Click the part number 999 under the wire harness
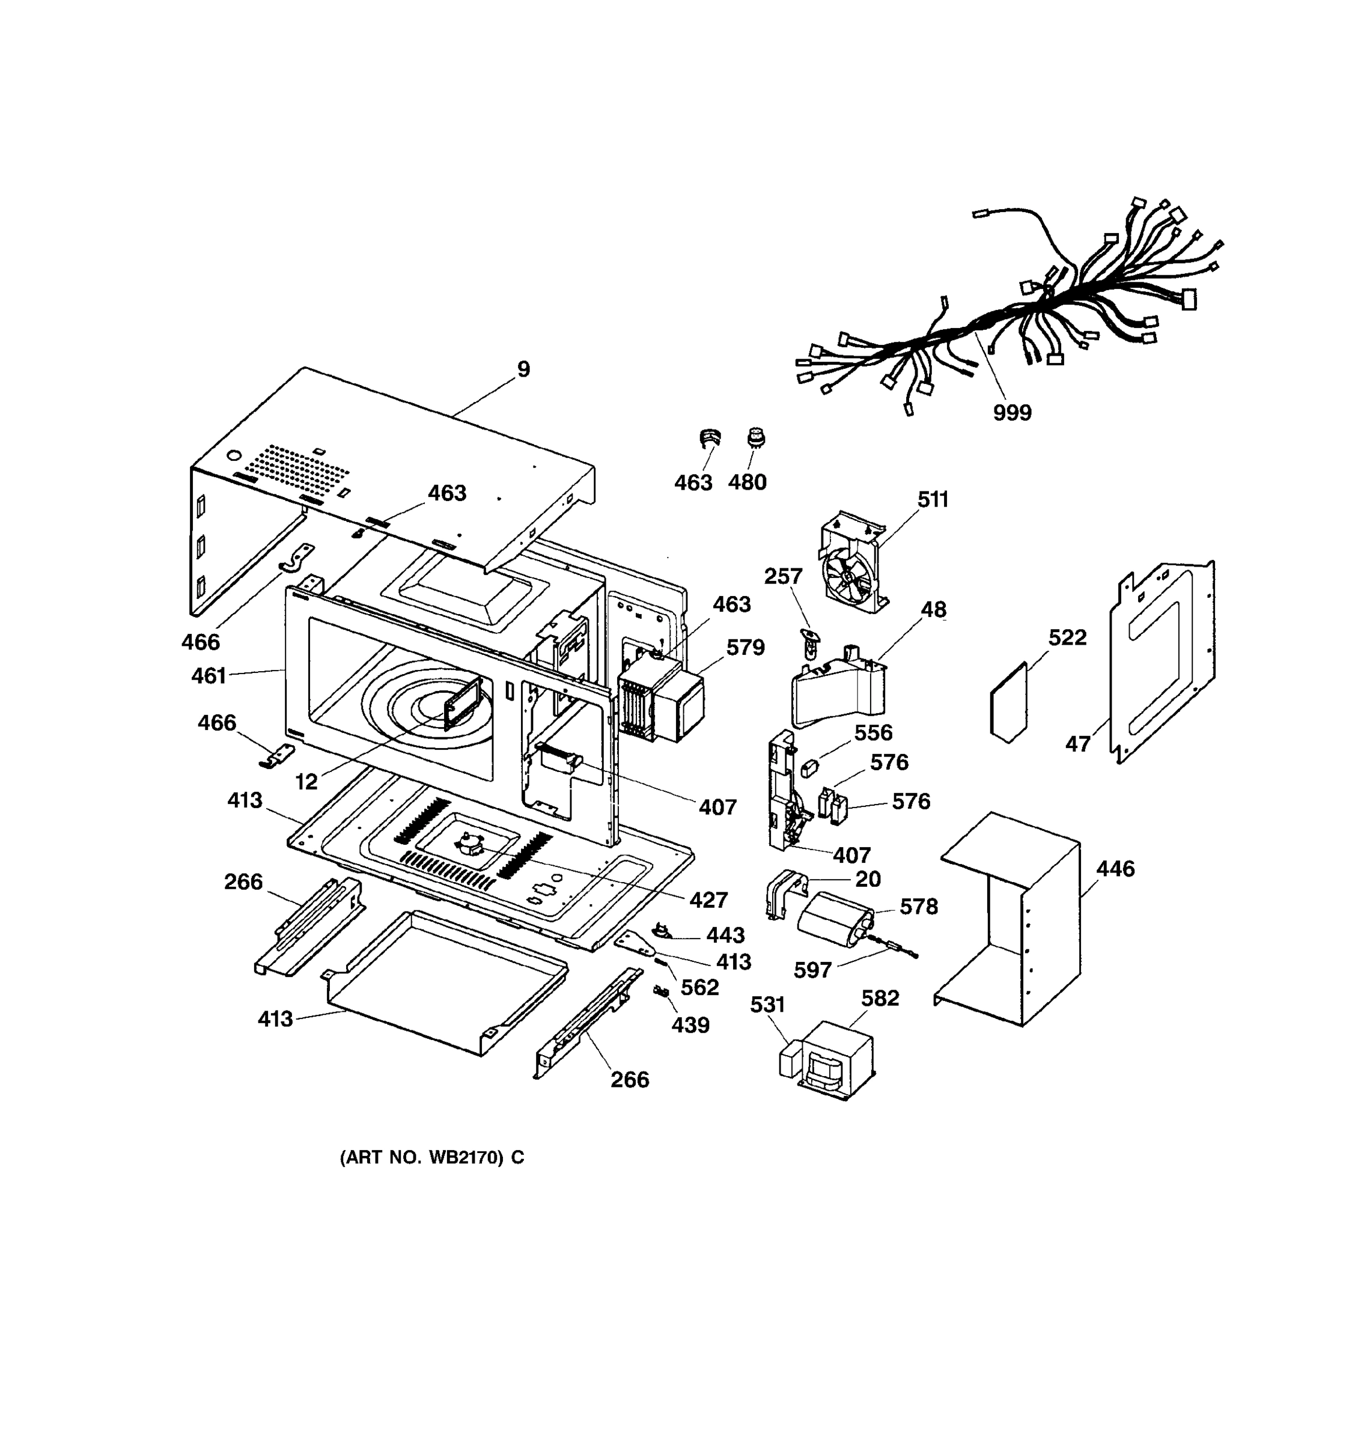coord(1012,413)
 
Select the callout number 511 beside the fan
coord(933,500)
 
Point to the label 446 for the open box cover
coord(1115,868)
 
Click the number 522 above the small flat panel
coord(1067,637)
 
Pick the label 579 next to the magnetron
coord(746,647)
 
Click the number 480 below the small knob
coord(747,482)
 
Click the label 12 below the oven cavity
coord(306,781)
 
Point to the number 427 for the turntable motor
coord(708,899)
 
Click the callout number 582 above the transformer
coord(880,999)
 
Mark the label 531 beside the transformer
coord(767,1005)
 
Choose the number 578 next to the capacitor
coord(919,907)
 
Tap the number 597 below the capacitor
coord(812,970)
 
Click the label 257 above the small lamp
coord(784,577)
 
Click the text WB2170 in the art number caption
coord(465,1158)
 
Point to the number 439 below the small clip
coord(690,1025)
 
